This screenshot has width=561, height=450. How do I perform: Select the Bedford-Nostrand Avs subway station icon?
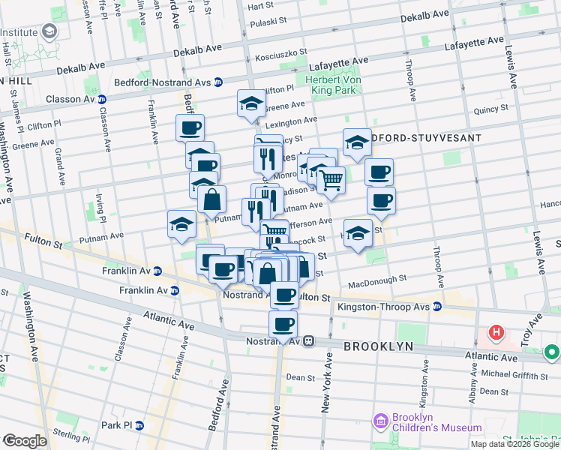217,82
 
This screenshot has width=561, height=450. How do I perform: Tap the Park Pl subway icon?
139,425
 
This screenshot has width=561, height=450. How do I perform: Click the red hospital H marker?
495,331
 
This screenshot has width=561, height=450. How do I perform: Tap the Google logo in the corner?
25,441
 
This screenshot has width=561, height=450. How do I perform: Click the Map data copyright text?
515,444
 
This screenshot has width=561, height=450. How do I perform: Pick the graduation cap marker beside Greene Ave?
252,103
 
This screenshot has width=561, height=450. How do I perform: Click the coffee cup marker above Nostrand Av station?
283,323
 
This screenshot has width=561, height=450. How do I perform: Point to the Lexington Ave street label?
291,121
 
